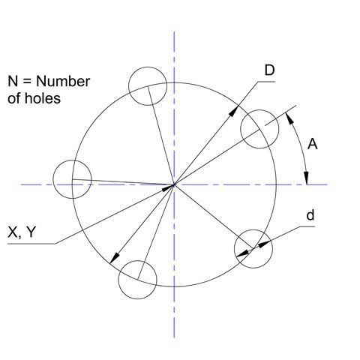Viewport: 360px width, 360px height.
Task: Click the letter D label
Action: pos(269,70)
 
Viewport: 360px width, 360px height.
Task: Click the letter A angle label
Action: pos(313,144)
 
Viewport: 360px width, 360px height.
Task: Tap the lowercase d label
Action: pos(310,215)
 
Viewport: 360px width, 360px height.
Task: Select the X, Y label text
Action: pos(22,232)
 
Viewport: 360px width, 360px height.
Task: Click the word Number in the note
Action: pos(63,82)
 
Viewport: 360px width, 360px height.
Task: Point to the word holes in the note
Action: pos(43,98)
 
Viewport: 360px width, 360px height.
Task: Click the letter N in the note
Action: pos(13,82)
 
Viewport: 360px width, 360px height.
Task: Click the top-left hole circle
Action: pos(148,67)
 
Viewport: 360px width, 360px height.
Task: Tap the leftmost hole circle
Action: pos(53,179)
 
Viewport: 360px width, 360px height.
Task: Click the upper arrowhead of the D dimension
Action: pos(233,111)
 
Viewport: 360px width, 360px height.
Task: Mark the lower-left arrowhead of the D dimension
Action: pos(115,258)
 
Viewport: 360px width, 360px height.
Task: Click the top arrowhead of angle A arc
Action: pos(289,118)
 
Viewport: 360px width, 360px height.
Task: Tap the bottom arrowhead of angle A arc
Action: pos(307,178)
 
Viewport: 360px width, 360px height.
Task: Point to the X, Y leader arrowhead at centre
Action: pos(167,187)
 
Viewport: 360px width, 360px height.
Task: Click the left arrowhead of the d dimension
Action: pos(242,253)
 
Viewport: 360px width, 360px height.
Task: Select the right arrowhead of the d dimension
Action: pos(264,244)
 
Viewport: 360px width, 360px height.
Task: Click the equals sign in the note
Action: pos(27,82)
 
